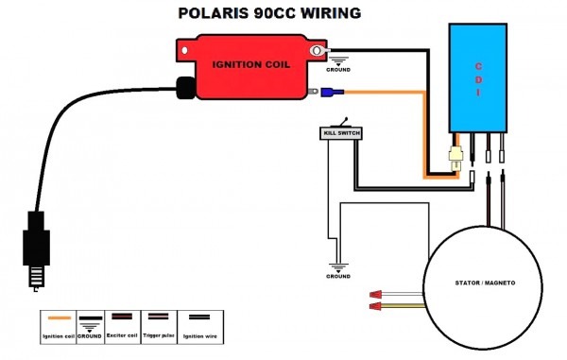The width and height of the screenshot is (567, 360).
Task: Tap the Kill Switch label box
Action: coord(339,133)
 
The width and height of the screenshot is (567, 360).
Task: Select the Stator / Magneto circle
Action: coord(482,284)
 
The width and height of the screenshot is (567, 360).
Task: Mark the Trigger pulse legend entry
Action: coord(161,326)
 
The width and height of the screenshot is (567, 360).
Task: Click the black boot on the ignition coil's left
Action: coord(184,87)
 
